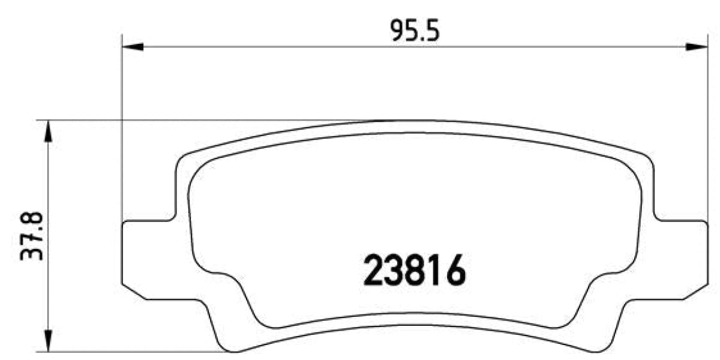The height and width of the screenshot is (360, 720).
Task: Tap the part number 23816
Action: click(x=415, y=271)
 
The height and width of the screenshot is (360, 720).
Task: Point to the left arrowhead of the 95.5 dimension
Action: click(x=132, y=47)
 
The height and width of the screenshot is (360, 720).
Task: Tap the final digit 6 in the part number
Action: click(x=454, y=271)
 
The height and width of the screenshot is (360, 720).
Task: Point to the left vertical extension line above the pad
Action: click(x=122, y=120)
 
